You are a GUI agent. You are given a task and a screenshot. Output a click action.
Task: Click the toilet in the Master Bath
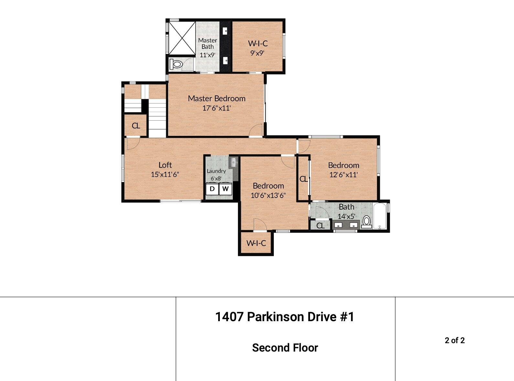tap(176, 64)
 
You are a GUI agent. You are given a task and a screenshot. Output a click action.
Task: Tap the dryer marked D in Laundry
tap(212, 189)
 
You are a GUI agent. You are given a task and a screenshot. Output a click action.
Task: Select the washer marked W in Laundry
tap(226, 189)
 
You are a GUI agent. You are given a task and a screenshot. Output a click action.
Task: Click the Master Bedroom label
tap(217, 98)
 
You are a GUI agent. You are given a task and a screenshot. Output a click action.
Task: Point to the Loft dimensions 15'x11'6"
tap(165, 175)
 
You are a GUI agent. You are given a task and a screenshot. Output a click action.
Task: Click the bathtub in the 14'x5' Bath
tap(380, 216)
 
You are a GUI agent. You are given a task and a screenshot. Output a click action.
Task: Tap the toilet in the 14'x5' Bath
tap(367, 222)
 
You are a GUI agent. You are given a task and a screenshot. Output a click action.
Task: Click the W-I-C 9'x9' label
tap(258, 48)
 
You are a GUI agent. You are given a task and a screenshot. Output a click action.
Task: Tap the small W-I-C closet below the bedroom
tap(256, 243)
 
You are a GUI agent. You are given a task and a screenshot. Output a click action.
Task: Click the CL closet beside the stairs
tap(136, 125)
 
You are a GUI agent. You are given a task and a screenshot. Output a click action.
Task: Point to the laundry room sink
tap(233, 162)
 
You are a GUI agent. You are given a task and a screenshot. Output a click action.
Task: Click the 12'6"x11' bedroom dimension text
tap(343, 175)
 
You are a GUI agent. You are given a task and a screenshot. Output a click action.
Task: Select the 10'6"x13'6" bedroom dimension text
tap(268, 195)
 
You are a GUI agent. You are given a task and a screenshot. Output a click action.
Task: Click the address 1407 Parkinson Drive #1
tap(284, 317)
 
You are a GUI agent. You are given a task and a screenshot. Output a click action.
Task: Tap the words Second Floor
tap(285, 348)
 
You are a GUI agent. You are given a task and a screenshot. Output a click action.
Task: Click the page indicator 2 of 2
tap(455, 340)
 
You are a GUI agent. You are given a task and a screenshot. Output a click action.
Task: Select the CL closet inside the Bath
tap(320, 225)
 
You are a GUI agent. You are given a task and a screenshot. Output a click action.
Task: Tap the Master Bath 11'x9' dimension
tap(207, 55)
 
